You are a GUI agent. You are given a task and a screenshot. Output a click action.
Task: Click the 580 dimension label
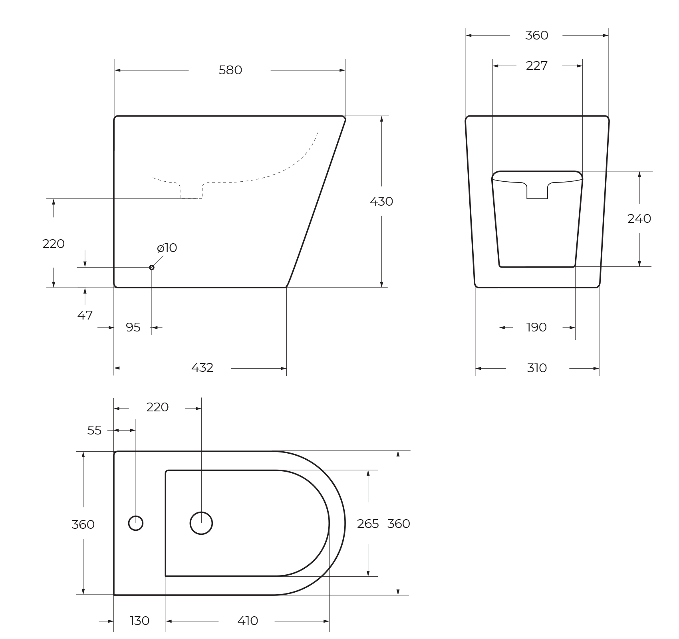230,70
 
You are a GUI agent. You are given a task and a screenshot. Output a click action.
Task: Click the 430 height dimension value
381,202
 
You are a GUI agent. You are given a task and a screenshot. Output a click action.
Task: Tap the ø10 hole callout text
167,248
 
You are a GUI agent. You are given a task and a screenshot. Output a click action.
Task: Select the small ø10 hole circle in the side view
152,267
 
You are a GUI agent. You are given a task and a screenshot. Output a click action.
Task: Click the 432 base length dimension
202,368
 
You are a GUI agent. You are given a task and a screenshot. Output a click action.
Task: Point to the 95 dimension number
133,327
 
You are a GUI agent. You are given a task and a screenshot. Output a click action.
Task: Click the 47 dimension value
85,316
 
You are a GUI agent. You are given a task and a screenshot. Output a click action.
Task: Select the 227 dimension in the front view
536,66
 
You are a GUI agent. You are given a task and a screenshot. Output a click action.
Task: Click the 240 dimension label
639,219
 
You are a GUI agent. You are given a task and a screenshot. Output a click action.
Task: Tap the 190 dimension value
536,327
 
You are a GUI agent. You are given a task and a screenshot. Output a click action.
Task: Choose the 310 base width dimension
536,368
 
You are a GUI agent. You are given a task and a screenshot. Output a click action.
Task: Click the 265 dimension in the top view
368,524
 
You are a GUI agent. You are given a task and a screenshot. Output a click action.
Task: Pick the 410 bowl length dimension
248,621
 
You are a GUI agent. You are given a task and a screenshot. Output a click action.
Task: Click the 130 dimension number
139,621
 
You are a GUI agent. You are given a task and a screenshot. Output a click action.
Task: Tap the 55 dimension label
94,431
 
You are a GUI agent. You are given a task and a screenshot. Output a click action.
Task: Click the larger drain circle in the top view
201,523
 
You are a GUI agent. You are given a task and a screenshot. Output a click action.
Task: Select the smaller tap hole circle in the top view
136,523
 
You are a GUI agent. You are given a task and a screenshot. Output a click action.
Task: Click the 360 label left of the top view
83,524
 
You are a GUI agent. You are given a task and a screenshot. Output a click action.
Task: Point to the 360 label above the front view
536,36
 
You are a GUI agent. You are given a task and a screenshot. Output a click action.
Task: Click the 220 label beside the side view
54,244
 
